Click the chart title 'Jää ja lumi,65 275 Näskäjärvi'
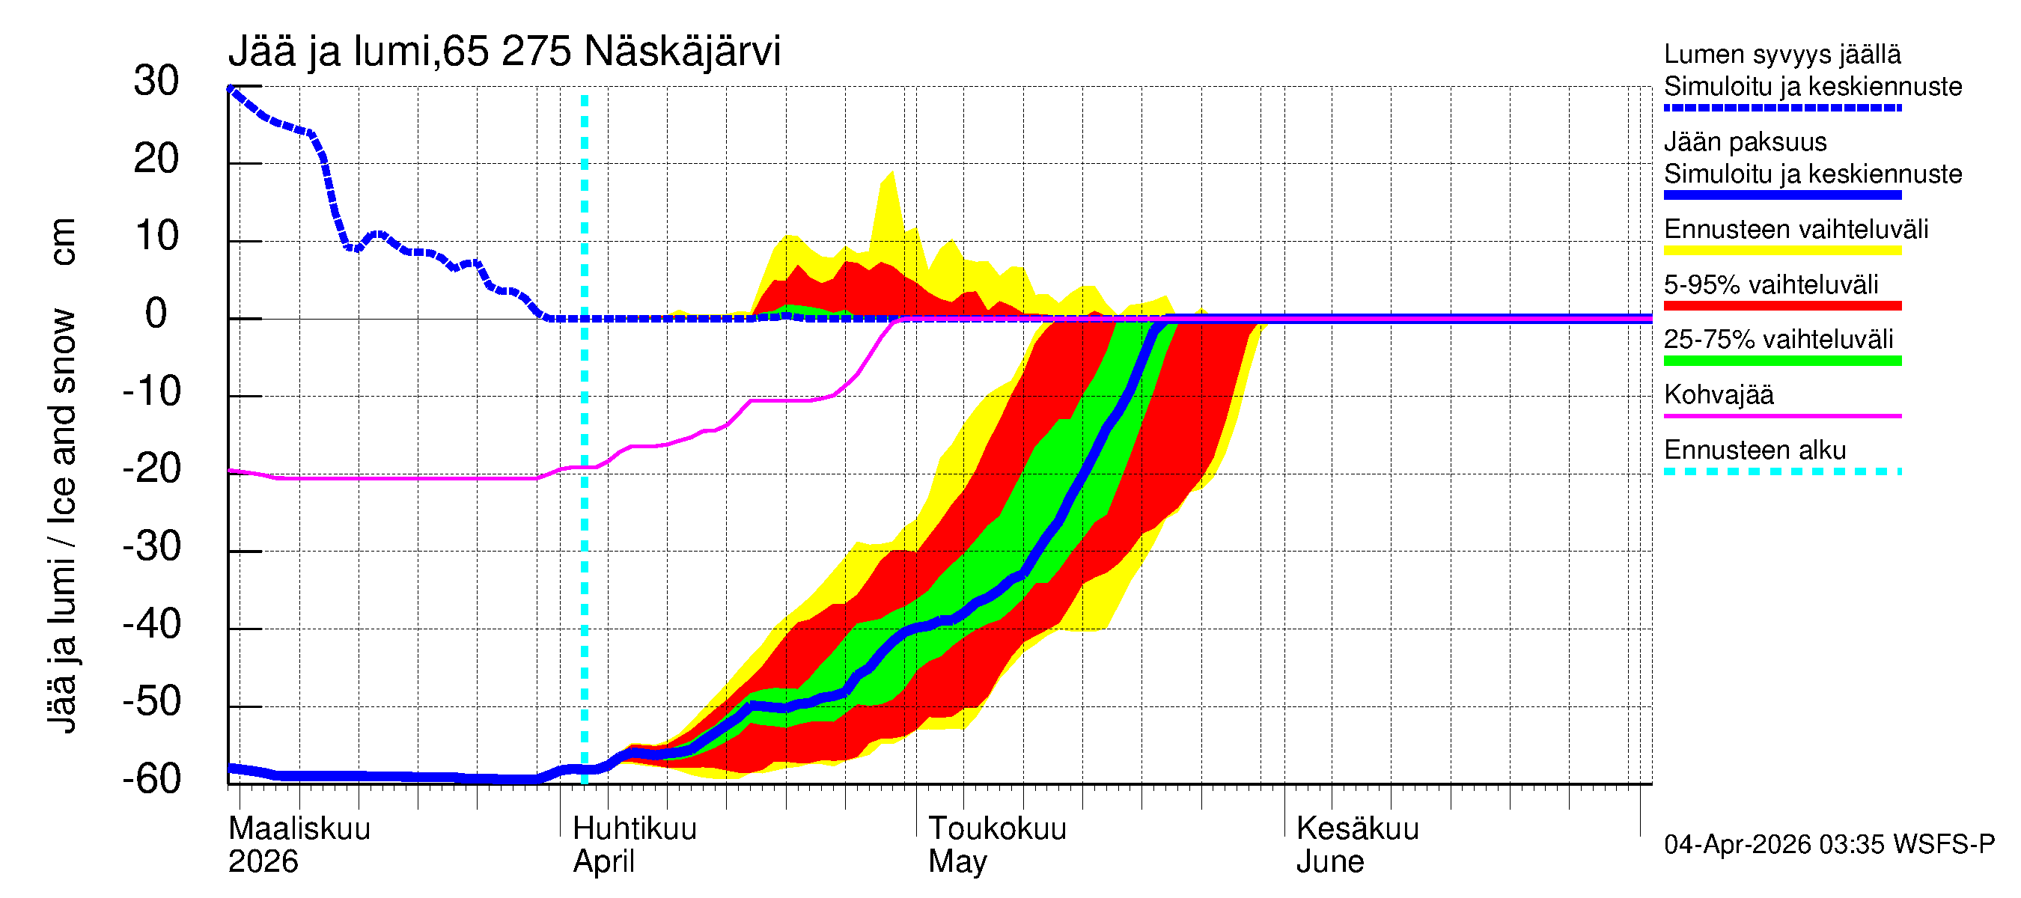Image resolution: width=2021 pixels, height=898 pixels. (504, 52)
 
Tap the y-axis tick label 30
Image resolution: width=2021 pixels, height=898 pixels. (156, 81)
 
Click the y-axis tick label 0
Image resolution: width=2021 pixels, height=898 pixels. (156, 314)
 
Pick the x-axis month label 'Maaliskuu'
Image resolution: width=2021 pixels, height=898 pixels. (299, 828)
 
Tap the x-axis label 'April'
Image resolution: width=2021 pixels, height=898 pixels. (603, 861)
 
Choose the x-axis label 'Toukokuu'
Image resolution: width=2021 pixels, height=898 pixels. (997, 828)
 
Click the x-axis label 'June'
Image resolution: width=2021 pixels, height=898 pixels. (1330, 861)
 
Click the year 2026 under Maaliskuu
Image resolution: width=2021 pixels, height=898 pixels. (263, 861)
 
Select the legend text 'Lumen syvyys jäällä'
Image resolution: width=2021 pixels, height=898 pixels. (1782, 54)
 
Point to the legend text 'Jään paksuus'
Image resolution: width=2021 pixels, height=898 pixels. (1746, 142)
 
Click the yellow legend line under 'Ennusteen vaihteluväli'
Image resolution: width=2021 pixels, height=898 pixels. (1782, 251)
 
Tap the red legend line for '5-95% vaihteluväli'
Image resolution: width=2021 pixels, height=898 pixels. (1782, 306)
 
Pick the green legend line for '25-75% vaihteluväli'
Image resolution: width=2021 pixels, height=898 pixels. (1782, 361)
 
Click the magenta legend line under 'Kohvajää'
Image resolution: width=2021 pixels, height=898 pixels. (1782, 415)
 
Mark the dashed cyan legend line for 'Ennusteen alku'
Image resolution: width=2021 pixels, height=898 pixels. (1782, 471)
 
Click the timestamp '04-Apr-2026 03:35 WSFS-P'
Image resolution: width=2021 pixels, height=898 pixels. (1829, 845)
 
